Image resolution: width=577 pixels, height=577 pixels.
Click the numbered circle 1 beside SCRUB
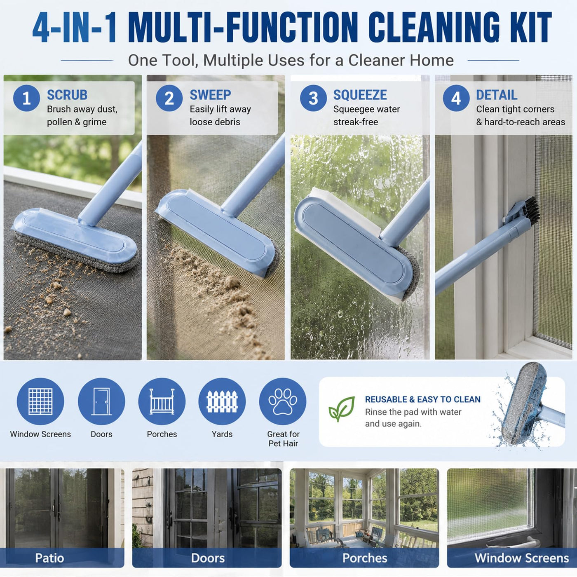pyautogui.click(x=26, y=98)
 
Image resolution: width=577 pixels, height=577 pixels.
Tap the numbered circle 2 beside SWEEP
pyautogui.click(x=169, y=98)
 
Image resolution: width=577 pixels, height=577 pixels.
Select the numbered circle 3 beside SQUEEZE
pyautogui.click(x=313, y=98)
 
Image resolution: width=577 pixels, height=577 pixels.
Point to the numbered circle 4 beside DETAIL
pyautogui.click(x=456, y=98)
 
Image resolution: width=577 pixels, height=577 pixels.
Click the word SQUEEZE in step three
pyautogui.click(x=360, y=95)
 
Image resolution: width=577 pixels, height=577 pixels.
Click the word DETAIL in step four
pyautogui.click(x=497, y=95)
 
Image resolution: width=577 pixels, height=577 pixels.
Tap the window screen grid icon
pyautogui.click(x=40, y=401)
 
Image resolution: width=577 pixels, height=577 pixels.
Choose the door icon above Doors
pyautogui.click(x=101, y=401)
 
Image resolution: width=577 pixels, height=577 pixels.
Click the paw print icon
pyautogui.click(x=283, y=401)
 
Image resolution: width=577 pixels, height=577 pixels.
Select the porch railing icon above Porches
pyautogui.click(x=162, y=401)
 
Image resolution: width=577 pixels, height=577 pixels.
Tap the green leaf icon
pyautogui.click(x=342, y=409)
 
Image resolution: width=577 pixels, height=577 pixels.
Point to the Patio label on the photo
pyautogui.click(x=49, y=558)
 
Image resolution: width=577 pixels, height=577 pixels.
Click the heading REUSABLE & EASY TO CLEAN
pyautogui.click(x=422, y=399)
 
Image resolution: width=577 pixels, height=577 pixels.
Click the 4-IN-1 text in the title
pyautogui.click(x=74, y=28)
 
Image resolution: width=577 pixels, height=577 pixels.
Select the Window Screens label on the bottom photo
pyautogui.click(x=522, y=558)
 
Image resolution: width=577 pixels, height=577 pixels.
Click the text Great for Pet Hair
pyautogui.click(x=283, y=439)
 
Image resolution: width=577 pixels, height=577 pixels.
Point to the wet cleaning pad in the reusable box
pyautogui.click(x=523, y=403)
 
